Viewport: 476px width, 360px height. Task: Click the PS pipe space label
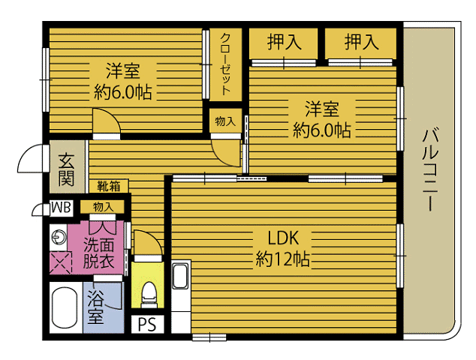147,325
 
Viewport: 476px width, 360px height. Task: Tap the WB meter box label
61,208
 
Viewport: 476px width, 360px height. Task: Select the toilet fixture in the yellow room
149,295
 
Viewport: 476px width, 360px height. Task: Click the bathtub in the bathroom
64,307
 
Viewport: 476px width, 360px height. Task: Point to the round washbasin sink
59,237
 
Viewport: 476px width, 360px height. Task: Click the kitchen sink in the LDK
180,276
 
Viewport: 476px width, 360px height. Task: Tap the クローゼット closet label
225,64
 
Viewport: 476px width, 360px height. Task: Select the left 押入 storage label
284,42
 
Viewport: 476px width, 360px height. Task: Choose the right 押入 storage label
361,42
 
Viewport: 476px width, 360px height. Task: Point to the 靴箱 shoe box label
108,186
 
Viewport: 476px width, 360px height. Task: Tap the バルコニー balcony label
430,169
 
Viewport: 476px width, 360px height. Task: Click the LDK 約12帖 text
282,248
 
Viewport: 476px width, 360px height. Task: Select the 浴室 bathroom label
96,307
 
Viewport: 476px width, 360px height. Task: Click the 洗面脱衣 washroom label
98,253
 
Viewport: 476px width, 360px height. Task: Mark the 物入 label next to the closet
225,121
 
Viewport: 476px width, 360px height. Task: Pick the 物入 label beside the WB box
103,207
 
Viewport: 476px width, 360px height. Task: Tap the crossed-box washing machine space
61,262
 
